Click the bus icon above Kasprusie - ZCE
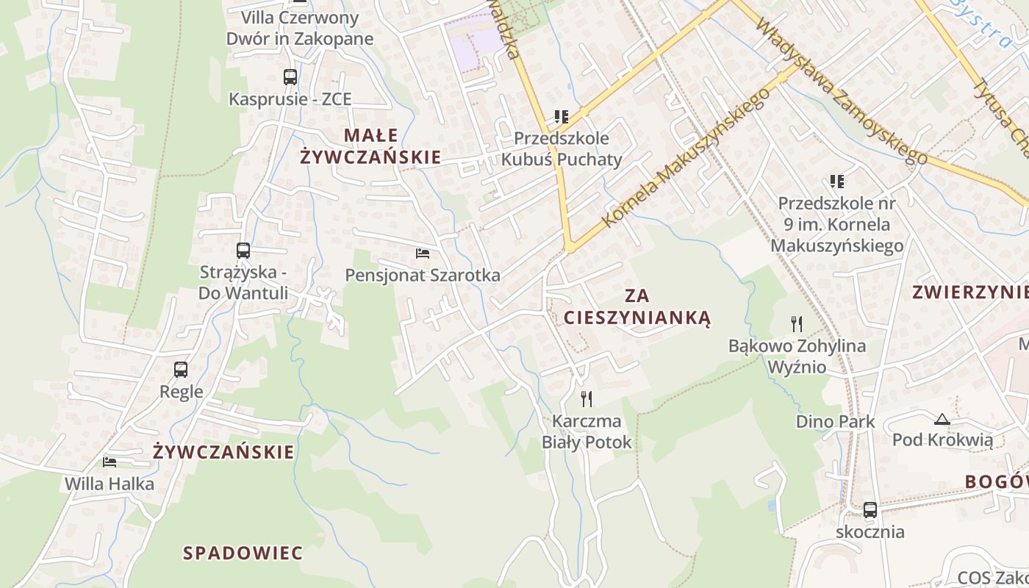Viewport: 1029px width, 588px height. pyautogui.click(x=290, y=76)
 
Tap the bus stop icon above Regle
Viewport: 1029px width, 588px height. pyautogui.click(x=181, y=370)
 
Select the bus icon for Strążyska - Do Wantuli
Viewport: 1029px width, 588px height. pyautogui.click(x=243, y=250)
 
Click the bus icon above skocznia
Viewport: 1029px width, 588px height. pyautogui.click(x=870, y=509)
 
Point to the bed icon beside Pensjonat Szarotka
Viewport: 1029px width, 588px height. pyautogui.click(x=423, y=254)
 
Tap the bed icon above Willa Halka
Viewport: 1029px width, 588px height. pyautogui.click(x=110, y=462)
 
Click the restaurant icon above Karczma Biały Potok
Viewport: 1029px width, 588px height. pyautogui.click(x=587, y=399)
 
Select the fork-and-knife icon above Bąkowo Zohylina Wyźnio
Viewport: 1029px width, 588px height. pyautogui.click(x=796, y=323)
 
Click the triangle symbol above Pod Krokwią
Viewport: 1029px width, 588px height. pyautogui.click(x=942, y=420)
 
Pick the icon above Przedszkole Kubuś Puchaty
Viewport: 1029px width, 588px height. pyautogui.click(x=562, y=116)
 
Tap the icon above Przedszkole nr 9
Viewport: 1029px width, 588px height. pyautogui.click(x=836, y=181)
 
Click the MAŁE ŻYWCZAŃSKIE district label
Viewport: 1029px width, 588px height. pyautogui.click(x=370, y=146)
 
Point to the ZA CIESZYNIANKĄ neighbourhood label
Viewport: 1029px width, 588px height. pyautogui.click(x=637, y=306)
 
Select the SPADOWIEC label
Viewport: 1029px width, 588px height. pyautogui.click(x=243, y=553)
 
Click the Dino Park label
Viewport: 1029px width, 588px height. pyautogui.click(x=836, y=421)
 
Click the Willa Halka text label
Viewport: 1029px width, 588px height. pyautogui.click(x=110, y=484)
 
